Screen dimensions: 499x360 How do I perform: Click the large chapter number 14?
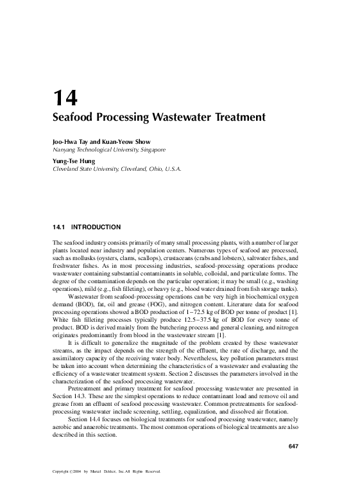(65, 98)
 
